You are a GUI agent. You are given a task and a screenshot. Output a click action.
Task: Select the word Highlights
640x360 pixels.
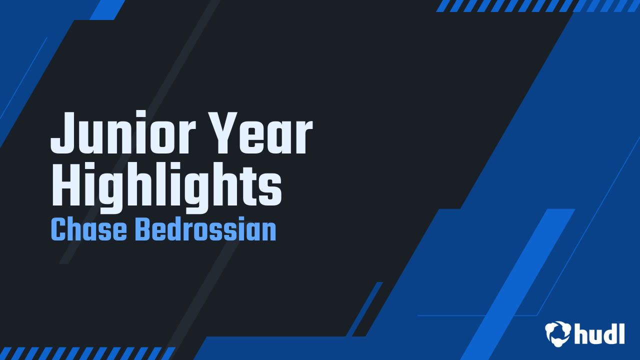click(166, 187)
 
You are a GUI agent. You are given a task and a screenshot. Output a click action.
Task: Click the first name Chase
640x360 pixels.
click(89, 229)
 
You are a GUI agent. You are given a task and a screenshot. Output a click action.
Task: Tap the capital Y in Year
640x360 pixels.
click(223, 133)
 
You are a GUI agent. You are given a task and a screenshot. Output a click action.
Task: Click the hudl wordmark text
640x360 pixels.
click(599, 333)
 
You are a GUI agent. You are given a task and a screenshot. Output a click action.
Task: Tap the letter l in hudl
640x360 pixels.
click(621, 333)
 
